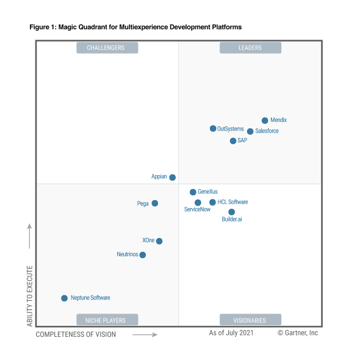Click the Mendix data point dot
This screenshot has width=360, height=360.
click(265, 121)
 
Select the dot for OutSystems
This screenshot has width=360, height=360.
click(213, 129)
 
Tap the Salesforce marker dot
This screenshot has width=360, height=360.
click(250, 131)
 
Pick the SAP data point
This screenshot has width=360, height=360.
click(233, 141)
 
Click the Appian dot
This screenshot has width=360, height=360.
click(173, 178)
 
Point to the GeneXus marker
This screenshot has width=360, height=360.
click(193, 192)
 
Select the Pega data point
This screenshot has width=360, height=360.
click(155, 203)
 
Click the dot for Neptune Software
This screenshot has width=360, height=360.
click(64, 298)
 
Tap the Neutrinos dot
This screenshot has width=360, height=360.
click(143, 255)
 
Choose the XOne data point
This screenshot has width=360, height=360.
click(159, 241)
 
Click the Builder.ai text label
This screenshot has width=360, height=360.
click(232, 219)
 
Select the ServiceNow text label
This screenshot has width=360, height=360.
click(197, 210)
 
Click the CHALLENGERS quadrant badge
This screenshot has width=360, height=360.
click(107, 48)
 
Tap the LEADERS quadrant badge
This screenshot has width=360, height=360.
click(250, 48)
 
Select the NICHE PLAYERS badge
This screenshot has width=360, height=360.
click(107, 320)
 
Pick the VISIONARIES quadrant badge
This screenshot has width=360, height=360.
click(250, 320)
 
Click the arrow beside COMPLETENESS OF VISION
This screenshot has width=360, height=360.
click(145, 334)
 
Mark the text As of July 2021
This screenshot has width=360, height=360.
click(231, 333)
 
